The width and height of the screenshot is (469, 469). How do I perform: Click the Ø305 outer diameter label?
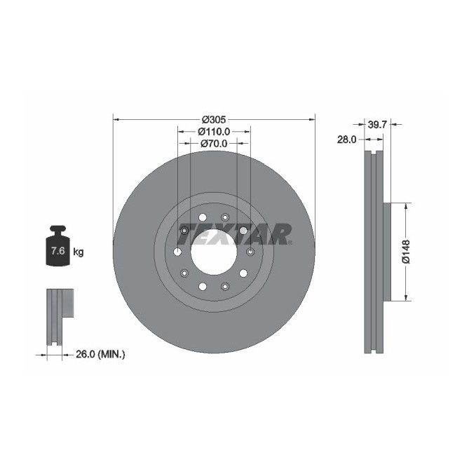[213, 119]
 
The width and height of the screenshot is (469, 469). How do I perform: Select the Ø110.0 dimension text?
[213, 131]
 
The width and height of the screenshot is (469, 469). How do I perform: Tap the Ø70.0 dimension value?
[213, 143]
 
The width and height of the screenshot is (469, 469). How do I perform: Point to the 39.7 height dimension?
[378, 124]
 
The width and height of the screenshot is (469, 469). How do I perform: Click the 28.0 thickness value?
[347, 140]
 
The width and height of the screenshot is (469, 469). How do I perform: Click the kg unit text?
[78, 252]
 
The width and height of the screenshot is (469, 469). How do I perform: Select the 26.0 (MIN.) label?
[100, 355]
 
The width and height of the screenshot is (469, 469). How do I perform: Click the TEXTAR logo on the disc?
[235, 233]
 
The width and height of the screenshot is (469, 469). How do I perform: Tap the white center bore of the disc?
[213, 252]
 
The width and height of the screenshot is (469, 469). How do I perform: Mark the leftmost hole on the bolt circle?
[177, 252]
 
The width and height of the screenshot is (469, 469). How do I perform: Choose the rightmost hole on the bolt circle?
[250, 252]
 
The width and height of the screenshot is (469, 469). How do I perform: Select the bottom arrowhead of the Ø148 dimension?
[406, 299]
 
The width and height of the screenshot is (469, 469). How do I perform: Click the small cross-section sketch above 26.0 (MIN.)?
[59, 316]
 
